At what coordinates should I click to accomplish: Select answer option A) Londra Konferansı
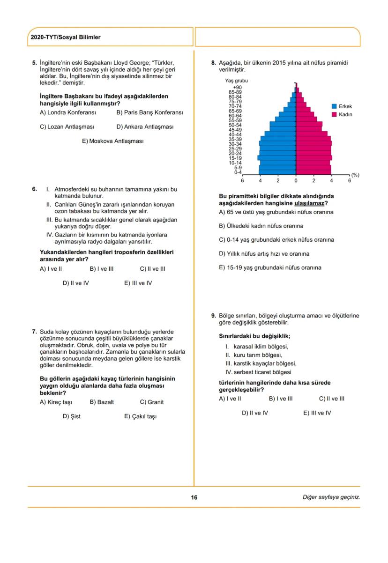(67, 113)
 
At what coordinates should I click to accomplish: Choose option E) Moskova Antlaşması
(112, 141)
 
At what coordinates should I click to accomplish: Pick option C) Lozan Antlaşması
(67, 127)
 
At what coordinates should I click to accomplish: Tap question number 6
(34, 189)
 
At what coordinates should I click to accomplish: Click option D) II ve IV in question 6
(75, 283)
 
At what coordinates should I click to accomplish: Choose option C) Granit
(152, 402)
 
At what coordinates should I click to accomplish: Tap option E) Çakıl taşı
(140, 416)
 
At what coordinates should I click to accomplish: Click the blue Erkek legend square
(334, 107)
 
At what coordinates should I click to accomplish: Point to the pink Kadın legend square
(334, 114)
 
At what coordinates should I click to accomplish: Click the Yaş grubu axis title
(236, 81)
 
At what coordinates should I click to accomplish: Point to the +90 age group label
(237, 88)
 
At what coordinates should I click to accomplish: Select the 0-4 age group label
(238, 172)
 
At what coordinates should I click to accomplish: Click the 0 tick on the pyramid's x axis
(296, 180)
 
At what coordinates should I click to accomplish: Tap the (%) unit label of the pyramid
(355, 175)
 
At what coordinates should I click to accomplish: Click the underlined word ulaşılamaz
(309, 203)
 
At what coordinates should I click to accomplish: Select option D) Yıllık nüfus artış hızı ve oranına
(264, 254)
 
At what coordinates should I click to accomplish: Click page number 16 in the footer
(194, 497)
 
